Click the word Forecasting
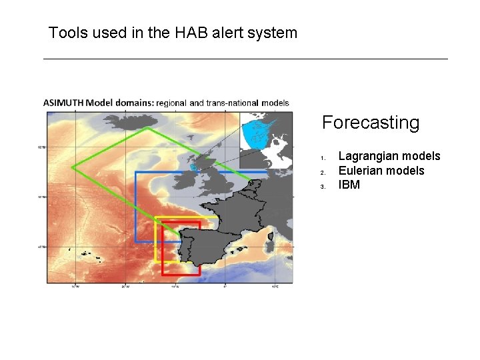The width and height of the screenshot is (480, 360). tap(370, 123)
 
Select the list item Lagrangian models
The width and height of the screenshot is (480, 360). tap(389, 156)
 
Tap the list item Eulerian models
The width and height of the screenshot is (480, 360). tap(381, 171)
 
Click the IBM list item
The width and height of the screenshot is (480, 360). tap(349, 185)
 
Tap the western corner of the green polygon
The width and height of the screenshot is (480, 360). tap(73, 167)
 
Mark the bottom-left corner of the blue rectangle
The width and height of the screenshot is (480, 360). tap(135, 241)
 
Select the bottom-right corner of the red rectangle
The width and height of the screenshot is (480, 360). tap(199, 274)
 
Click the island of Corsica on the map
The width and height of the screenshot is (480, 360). tap(271, 236)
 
